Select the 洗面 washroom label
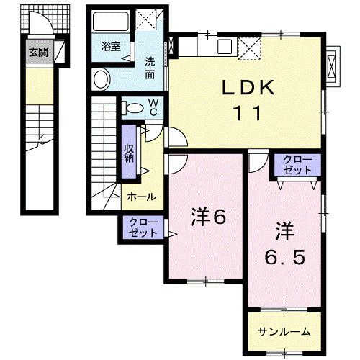tap(150, 66)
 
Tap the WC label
tap(154, 107)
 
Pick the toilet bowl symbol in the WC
tap(132, 108)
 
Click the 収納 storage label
tap(129, 153)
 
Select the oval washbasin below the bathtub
tap(102, 78)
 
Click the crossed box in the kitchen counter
tap(251, 47)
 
